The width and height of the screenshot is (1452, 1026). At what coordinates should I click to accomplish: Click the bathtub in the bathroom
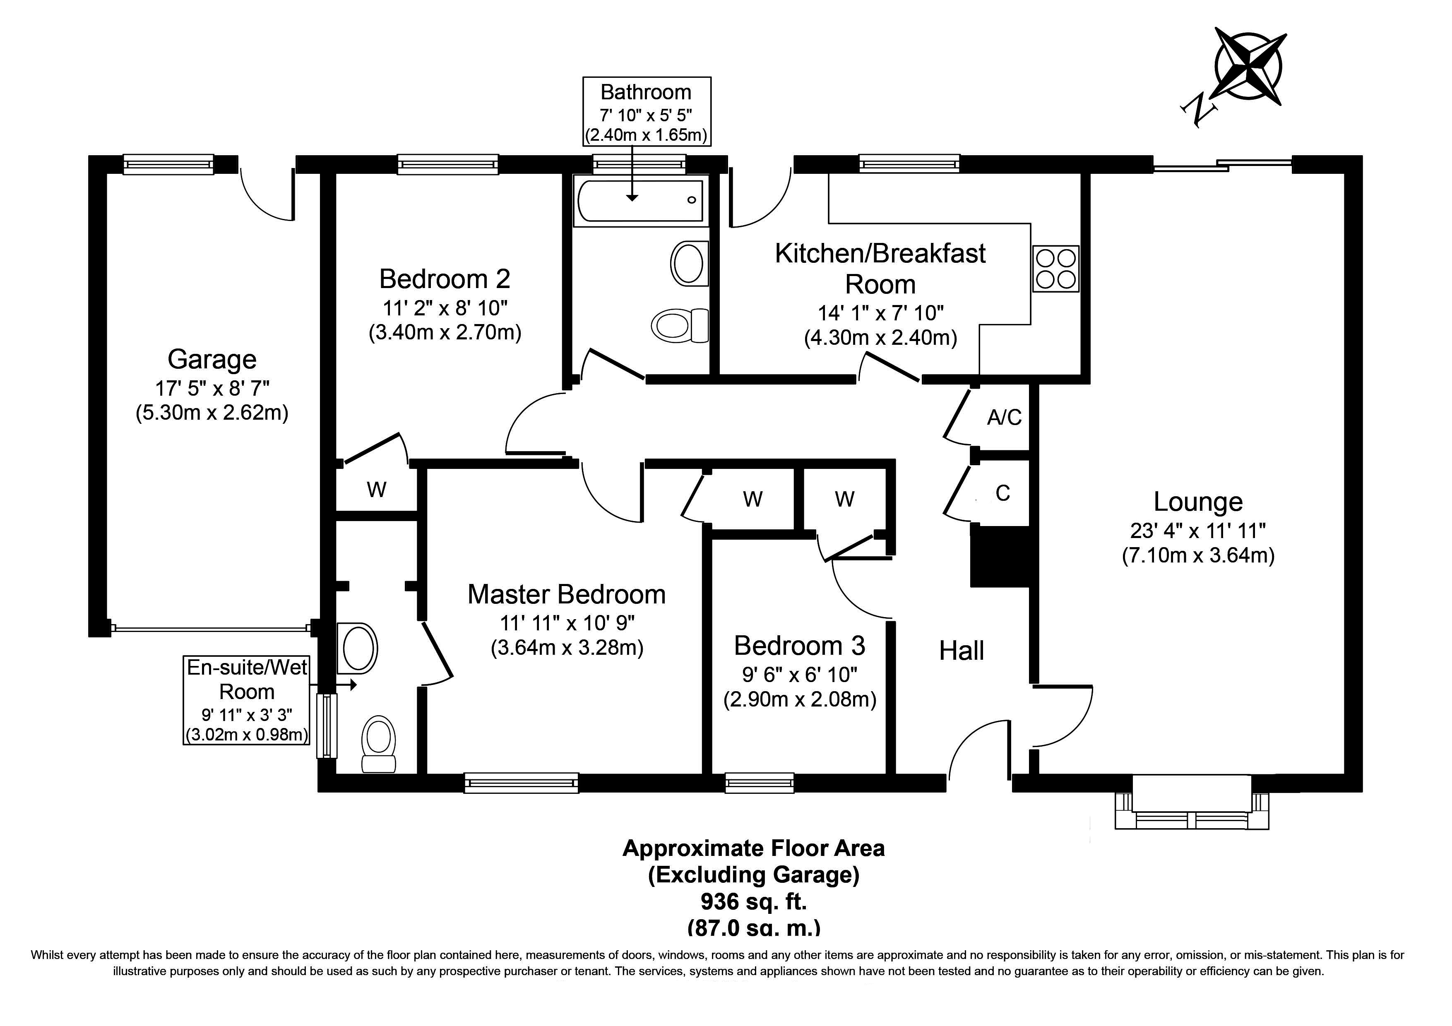tap(639, 200)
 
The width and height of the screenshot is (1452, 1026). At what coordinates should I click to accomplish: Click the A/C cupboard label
tap(1004, 417)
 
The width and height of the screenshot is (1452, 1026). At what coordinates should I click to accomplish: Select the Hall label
tap(961, 651)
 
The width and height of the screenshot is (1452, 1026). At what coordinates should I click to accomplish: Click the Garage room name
tap(212, 359)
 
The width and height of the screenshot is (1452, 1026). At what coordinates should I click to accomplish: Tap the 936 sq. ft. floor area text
tap(754, 901)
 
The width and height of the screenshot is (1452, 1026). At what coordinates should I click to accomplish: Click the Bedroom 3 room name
tap(799, 645)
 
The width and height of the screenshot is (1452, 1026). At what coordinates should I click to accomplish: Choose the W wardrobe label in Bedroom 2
tap(376, 489)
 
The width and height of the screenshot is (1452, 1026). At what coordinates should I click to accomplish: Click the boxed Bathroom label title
tap(646, 92)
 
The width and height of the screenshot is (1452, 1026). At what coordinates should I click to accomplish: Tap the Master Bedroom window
tap(521, 783)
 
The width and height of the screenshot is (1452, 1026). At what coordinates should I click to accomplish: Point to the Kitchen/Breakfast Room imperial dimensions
tap(880, 312)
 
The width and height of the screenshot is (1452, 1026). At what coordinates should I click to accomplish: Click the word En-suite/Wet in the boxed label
tap(247, 668)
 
